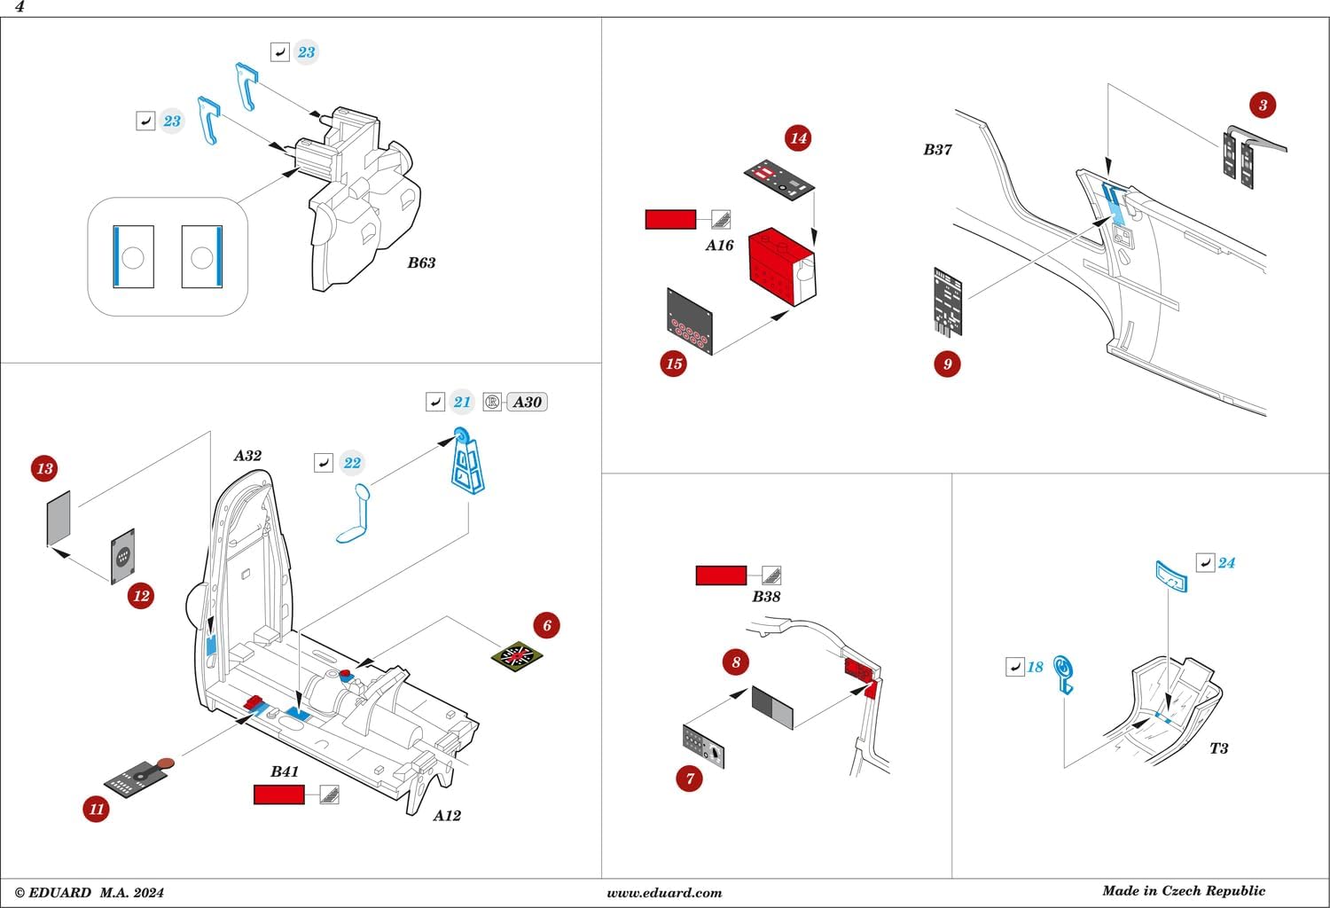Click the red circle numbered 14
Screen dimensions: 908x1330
click(x=798, y=138)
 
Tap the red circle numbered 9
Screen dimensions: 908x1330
click(x=947, y=364)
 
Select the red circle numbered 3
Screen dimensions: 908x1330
click(x=1263, y=105)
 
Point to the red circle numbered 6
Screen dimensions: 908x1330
click(x=546, y=625)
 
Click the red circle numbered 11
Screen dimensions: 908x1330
click(x=96, y=809)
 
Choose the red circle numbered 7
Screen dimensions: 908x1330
click(x=689, y=779)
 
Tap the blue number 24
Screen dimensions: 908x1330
click(x=1226, y=563)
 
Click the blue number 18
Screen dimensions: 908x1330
click(x=1035, y=667)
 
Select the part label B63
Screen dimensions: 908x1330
click(x=421, y=262)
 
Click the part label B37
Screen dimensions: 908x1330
click(x=937, y=150)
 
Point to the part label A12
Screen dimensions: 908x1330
click(x=447, y=816)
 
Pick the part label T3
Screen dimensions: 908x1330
click(x=1219, y=748)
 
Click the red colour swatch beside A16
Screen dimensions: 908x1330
click(x=670, y=219)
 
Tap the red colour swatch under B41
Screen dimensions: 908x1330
click(x=278, y=794)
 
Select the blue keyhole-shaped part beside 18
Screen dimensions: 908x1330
click(x=1064, y=673)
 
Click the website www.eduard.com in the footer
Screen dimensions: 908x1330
click(x=664, y=893)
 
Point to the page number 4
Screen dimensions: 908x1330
click(x=20, y=7)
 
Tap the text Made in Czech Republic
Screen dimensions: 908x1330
click(x=1184, y=891)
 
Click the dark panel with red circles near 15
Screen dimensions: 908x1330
click(x=690, y=322)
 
